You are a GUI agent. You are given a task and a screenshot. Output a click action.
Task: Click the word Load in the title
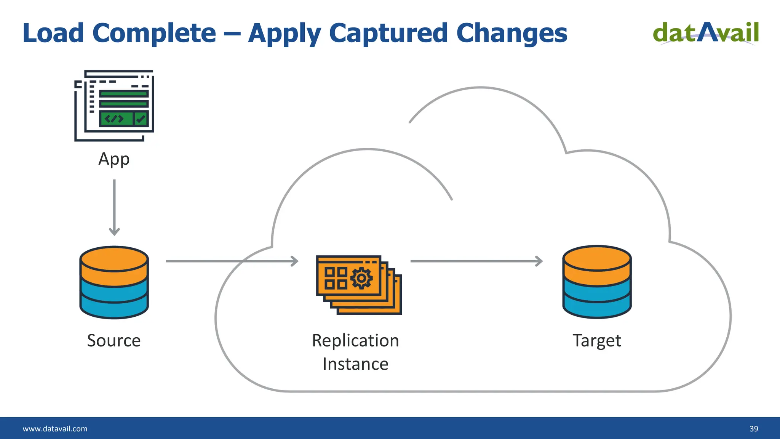click(53, 33)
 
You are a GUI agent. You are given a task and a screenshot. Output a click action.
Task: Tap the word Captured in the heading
click(388, 33)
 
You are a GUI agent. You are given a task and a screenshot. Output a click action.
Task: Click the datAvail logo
click(706, 33)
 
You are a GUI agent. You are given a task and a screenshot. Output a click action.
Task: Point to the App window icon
click(114, 105)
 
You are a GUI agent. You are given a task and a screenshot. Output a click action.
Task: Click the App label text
click(114, 159)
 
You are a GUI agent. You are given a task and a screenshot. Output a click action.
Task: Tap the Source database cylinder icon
click(114, 282)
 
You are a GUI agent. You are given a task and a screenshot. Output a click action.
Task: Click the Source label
click(114, 340)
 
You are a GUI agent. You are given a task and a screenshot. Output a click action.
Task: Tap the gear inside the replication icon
click(361, 278)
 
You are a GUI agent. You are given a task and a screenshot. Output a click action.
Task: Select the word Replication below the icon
click(355, 340)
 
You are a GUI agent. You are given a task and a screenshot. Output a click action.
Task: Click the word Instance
click(355, 364)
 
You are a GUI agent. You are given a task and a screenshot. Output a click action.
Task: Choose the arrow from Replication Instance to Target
click(476, 261)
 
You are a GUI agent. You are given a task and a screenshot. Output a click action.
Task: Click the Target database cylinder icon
click(597, 282)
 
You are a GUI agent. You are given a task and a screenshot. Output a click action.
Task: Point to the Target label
click(597, 340)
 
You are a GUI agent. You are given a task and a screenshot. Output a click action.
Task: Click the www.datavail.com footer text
click(55, 429)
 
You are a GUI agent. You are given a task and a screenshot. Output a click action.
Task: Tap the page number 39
click(754, 429)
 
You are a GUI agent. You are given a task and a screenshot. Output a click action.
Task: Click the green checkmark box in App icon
click(141, 119)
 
